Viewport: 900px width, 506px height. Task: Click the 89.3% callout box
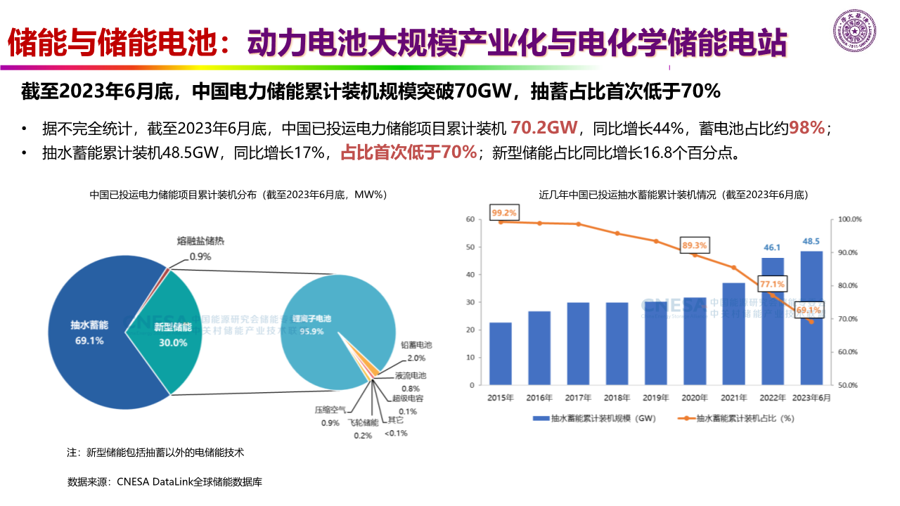click(695, 245)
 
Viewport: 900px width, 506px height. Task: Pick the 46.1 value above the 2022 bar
click(772, 247)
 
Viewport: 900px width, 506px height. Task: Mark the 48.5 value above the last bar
click(811, 241)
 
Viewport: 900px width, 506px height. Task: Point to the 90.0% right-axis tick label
click(850, 252)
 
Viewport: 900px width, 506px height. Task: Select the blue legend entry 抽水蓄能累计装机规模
click(593, 418)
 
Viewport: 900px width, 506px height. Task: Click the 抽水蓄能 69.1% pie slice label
click(89, 333)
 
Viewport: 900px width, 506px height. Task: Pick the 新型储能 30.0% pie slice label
click(172, 335)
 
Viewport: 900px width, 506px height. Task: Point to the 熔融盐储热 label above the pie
click(200, 241)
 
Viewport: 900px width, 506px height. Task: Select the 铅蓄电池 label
click(416, 345)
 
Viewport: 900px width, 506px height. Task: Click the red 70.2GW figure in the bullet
click(544, 127)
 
